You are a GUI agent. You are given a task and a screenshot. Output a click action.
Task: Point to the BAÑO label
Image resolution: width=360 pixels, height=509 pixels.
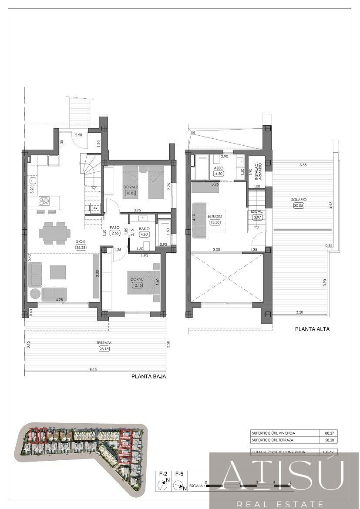pyautogui.click(x=144, y=228)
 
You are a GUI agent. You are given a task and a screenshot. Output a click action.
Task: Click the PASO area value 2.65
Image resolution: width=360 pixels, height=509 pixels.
pyautogui.click(x=115, y=233)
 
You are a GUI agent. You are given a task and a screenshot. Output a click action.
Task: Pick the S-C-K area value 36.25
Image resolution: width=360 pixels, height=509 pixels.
pyautogui.click(x=81, y=247)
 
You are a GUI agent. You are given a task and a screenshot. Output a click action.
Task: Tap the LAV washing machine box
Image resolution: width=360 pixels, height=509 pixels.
pyautogui.click(x=94, y=208)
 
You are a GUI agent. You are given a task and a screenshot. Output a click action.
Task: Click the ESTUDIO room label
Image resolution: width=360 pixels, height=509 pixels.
pyautogui.click(x=215, y=216)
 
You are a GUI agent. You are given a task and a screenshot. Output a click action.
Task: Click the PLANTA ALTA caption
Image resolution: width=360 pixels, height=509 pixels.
pyautogui.click(x=312, y=329)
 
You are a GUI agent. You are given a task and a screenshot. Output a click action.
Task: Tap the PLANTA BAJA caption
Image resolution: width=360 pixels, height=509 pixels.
pyautogui.click(x=148, y=377)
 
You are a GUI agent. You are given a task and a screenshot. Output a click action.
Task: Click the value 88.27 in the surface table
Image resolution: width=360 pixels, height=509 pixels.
pyautogui.click(x=329, y=433)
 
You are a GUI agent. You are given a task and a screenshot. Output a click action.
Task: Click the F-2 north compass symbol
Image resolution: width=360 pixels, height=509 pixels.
pyautogui.click(x=164, y=483)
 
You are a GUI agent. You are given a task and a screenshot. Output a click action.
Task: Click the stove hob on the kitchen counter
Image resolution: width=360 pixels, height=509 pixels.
pyautogui.click(x=44, y=201)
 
